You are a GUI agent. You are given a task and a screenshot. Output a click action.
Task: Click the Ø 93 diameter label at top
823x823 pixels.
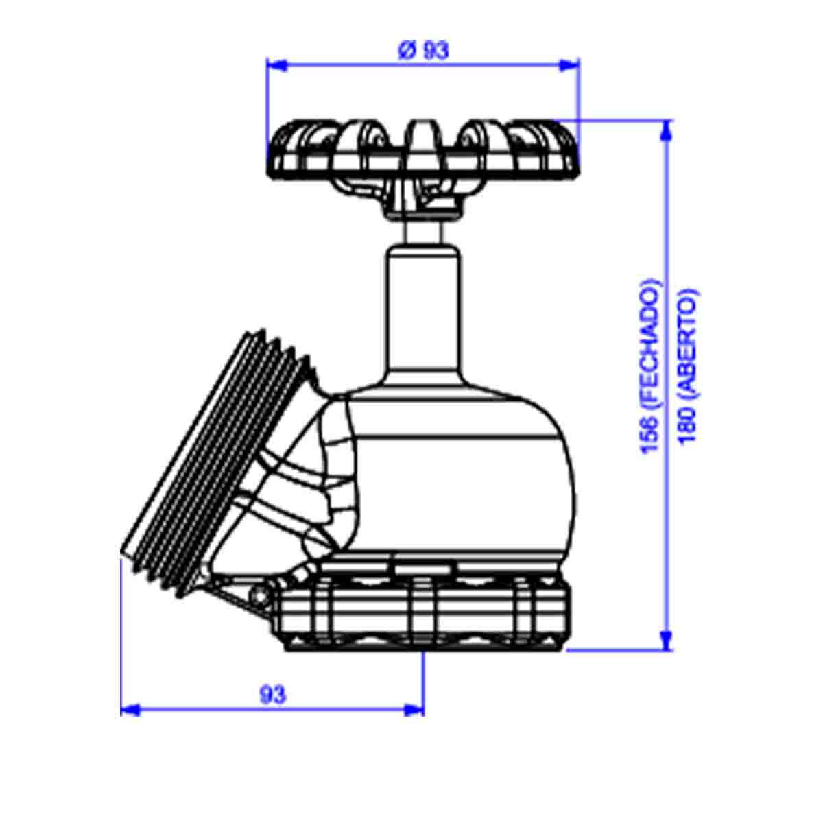click(x=423, y=51)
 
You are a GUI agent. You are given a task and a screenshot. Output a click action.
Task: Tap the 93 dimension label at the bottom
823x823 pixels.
click(x=273, y=695)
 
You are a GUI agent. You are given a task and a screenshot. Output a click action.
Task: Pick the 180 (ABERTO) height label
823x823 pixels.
click(x=688, y=367)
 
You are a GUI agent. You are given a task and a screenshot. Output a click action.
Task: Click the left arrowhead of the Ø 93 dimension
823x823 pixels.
click(x=276, y=65)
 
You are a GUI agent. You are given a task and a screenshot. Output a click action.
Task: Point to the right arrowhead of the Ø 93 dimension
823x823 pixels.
click(x=569, y=65)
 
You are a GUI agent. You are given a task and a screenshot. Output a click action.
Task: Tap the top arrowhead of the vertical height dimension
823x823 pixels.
click(x=667, y=130)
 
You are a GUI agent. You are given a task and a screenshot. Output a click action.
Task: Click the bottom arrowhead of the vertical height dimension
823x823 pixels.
click(x=667, y=640)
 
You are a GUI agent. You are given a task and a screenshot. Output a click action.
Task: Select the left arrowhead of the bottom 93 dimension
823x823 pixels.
click(x=130, y=711)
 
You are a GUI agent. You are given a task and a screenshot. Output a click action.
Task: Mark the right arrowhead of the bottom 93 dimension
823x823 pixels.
click(x=414, y=711)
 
